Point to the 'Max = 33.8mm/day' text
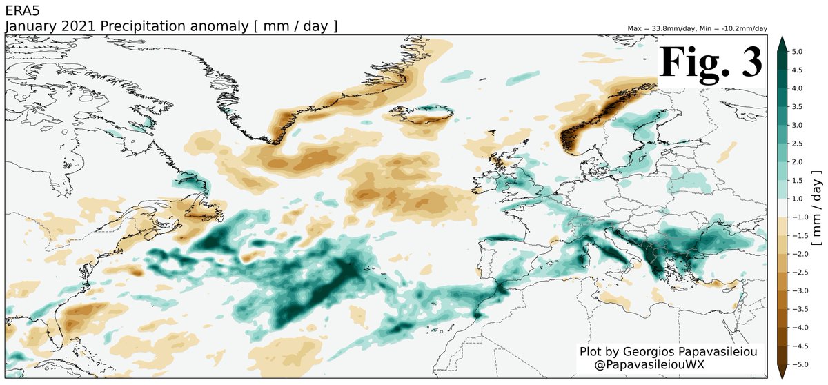tap(662, 29)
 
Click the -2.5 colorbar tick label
tap(800, 272)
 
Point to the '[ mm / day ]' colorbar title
tap(817, 208)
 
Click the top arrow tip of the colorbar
tap(782, 40)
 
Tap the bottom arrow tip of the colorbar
tap(782, 376)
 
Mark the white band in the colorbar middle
tap(782, 208)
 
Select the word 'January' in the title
tap(28, 26)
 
